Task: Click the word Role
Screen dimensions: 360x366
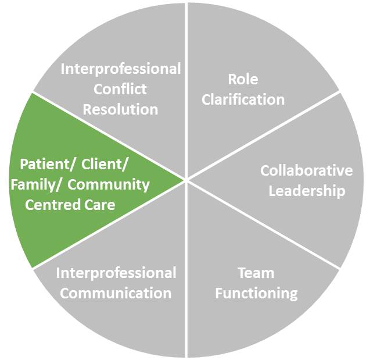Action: (243, 80)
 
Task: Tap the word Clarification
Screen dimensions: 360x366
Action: (243, 99)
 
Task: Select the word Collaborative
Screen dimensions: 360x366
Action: (306, 171)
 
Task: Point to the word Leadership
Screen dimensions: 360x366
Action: (307, 191)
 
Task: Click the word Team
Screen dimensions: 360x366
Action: (256, 273)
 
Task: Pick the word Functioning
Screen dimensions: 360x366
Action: (256, 293)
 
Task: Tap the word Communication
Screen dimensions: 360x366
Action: (116, 293)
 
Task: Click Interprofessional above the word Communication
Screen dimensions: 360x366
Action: (116, 273)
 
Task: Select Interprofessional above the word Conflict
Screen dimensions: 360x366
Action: (121, 69)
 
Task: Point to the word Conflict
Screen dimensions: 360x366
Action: (120, 89)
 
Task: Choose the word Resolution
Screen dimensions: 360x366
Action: (120, 109)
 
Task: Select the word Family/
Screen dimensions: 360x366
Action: (35, 185)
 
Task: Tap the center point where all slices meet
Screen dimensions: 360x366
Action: (186, 180)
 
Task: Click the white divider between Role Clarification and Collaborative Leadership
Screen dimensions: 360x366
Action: (261, 136)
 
